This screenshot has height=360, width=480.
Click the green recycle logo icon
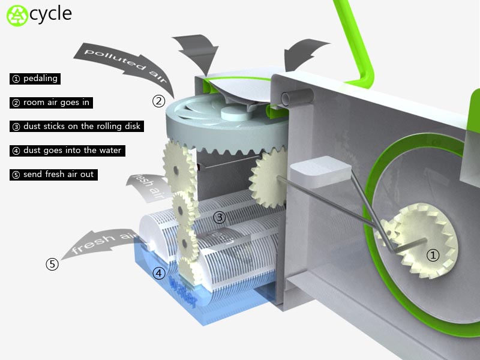pos(17,16)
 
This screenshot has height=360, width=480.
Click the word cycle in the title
pos(51,14)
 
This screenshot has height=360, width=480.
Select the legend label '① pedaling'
pos(35,79)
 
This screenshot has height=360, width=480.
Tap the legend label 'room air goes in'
pos(56,103)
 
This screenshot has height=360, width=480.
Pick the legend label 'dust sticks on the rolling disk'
pos(82,127)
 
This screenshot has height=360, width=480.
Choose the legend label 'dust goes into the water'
pos(72,151)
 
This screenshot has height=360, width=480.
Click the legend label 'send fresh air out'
pos(58,175)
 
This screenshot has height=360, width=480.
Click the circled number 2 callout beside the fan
pos(158,101)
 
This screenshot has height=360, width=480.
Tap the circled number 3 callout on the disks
pos(219,218)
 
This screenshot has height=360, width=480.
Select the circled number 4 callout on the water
pos(159,273)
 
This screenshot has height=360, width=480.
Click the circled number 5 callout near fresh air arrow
pos(52,264)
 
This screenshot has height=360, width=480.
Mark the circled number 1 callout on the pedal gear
pos(433,255)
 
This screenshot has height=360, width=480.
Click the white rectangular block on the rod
pos(320,172)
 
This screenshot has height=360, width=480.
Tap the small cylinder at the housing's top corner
pos(297,97)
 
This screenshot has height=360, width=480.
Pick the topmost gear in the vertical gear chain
pos(179,168)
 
